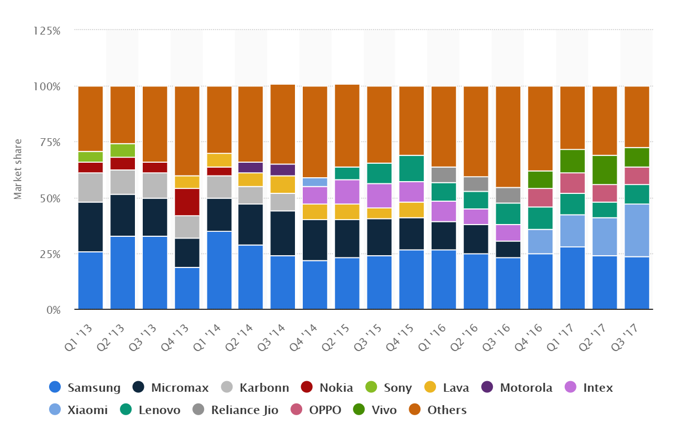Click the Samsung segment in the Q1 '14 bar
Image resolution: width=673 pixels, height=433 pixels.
219,270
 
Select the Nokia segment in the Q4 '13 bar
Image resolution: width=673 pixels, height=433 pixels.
187,202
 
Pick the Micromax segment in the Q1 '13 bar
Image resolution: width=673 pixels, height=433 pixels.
90,227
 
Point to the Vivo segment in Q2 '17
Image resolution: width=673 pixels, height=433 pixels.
604,169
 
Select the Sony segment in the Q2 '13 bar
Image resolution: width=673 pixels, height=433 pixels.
123,150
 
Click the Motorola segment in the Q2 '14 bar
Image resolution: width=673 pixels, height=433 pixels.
250,167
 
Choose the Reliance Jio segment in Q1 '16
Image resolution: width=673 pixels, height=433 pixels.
443,174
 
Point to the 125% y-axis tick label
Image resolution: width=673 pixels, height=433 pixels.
46,31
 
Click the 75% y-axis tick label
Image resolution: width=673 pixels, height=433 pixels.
49,142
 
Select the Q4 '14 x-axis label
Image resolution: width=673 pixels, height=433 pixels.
306,334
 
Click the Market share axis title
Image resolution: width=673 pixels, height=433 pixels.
18,169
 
